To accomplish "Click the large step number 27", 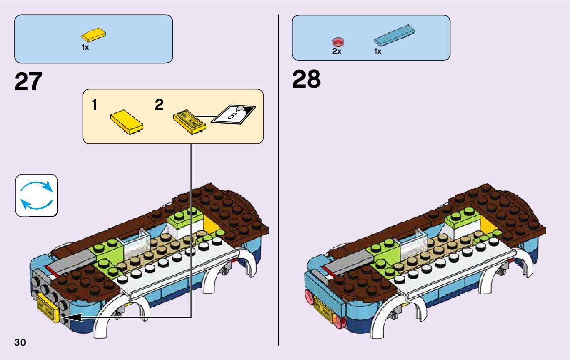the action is (28, 82).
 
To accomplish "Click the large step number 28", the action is (307, 80).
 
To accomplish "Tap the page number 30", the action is (20, 342).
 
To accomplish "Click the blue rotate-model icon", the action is (37, 195).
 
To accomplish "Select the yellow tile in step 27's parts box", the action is (93, 36).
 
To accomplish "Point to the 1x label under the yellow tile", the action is (85, 47).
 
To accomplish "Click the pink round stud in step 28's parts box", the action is (338, 42).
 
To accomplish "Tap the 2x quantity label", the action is (337, 51).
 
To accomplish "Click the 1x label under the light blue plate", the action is (378, 51).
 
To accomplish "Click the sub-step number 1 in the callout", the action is (95, 105).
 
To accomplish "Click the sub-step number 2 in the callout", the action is (159, 105).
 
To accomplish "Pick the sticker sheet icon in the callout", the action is (234, 113).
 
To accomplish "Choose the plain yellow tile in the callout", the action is (126, 121).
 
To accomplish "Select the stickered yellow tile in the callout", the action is (189, 120).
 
